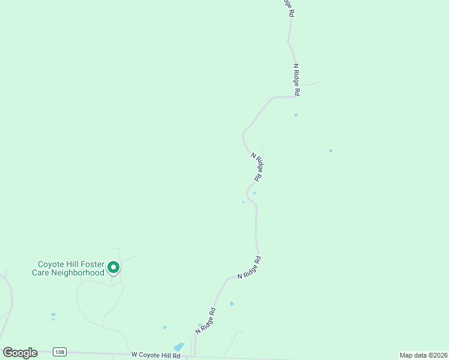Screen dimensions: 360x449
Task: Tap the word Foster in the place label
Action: click(91, 264)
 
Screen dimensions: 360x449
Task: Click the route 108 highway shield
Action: click(59, 352)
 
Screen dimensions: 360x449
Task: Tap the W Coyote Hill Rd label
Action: click(155, 355)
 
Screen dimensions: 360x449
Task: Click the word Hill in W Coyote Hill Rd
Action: click(163, 355)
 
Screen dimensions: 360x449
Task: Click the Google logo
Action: click(20, 353)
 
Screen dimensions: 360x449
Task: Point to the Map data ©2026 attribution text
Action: click(423, 355)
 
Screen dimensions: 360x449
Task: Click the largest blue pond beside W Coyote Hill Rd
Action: click(179, 347)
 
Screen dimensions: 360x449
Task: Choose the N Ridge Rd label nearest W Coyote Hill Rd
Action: click(205, 321)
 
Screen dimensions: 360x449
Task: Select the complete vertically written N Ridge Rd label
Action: click(296, 80)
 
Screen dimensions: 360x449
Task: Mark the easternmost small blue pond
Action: click(331, 151)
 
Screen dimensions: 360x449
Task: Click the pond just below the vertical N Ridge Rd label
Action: click(296, 115)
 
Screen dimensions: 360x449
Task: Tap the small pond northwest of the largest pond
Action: click(164, 328)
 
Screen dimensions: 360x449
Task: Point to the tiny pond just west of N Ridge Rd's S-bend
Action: click(243, 202)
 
